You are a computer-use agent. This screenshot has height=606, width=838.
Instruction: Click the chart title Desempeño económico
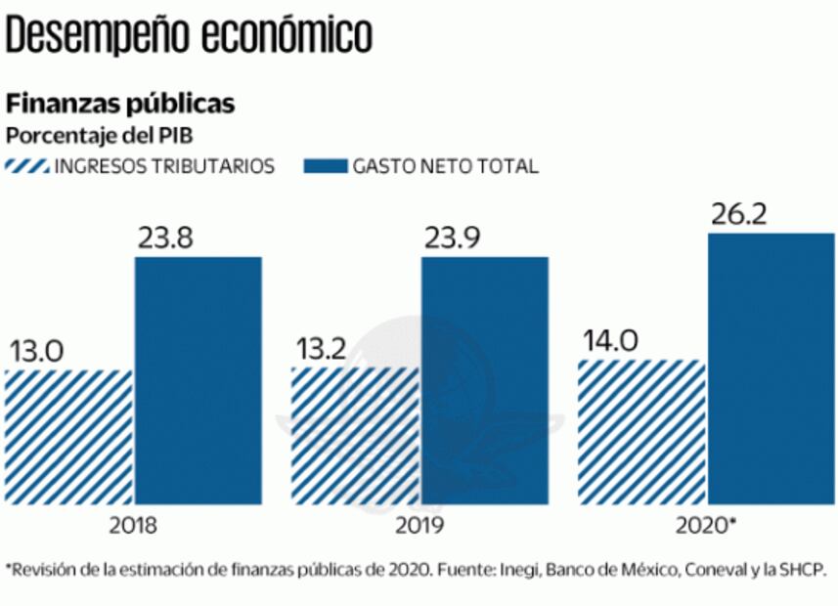point(189,36)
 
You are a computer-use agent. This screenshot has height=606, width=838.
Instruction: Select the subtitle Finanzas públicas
point(120,104)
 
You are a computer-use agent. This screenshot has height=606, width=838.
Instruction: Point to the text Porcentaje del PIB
point(102,134)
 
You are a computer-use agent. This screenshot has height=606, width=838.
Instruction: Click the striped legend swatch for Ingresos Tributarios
point(28,166)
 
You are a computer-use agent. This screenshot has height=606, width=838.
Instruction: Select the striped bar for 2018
point(67,437)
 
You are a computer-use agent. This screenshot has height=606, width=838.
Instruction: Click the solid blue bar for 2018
point(198,380)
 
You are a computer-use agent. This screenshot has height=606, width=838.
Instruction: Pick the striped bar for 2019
point(354,437)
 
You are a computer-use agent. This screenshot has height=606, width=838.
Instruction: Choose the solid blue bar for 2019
point(484,380)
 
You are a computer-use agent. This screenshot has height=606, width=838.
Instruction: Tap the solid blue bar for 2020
point(771,368)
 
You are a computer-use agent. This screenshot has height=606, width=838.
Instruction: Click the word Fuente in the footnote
point(468,570)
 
